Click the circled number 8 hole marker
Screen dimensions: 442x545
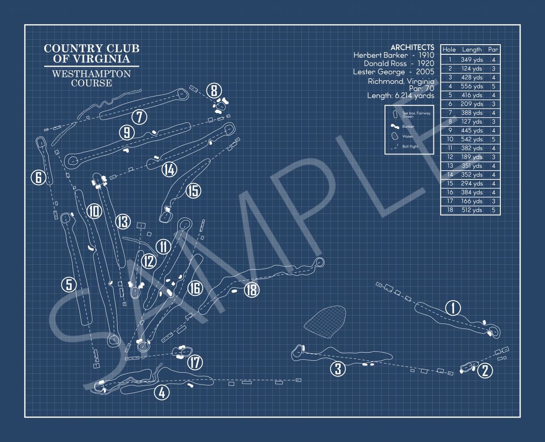click(x=214, y=91)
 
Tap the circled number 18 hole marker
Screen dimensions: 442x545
click(x=252, y=290)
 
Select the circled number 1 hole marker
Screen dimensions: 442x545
click(x=453, y=308)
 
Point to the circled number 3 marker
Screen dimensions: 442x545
click(x=338, y=369)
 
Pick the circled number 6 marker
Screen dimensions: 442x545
click(x=38, y=178)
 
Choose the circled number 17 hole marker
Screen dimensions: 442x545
click(x=195, y=363)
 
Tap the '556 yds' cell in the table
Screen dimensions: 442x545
click(x=472, y=86)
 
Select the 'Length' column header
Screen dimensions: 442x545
click(x=472, y=50)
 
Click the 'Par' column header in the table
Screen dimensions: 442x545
click(x=493, y=50)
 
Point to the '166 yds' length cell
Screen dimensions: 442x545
click(x=472, y=201)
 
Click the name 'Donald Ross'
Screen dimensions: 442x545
click(x=385, y=64)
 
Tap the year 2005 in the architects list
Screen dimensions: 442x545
click(x=425, y=72)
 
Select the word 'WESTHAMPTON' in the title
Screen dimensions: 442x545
click(x=91, y=74)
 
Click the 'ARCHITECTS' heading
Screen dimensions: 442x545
click(x=412, y=47)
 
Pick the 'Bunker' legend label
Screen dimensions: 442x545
click(x=408, y=126)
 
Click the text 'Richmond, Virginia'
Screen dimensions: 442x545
click(x=401, y=81)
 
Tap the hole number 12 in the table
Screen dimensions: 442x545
click(x=450, y=157)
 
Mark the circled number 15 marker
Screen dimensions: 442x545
click(x=193, y=191)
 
